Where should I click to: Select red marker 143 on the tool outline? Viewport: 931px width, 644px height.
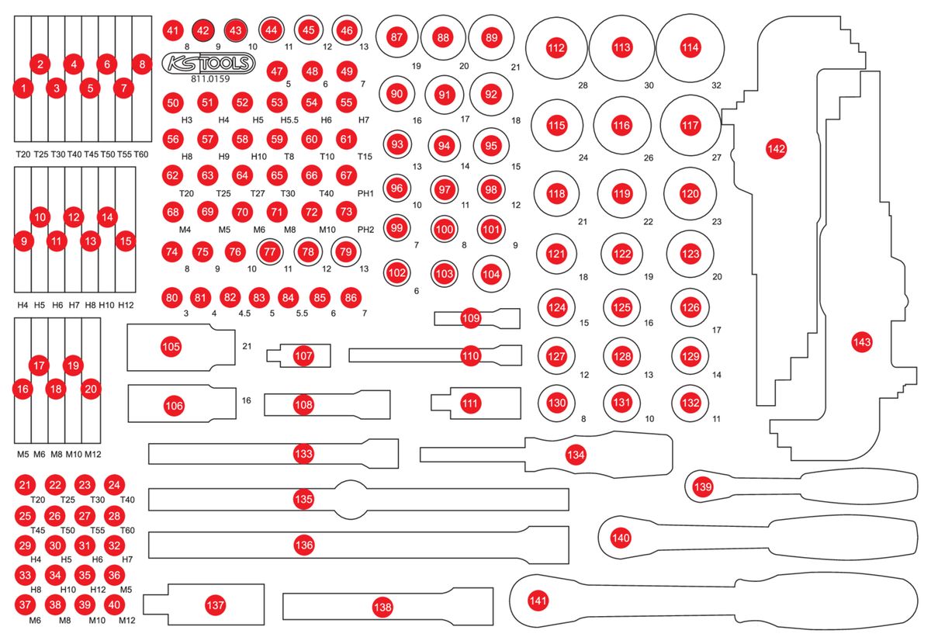[861, 341]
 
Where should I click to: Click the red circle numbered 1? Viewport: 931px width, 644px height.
[24, 88]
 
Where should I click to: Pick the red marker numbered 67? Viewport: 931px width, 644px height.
[346, 176]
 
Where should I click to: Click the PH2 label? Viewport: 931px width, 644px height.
[366, 230]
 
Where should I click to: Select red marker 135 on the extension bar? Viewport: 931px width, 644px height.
[303, 499]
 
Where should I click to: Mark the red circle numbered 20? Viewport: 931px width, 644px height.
[91, 389]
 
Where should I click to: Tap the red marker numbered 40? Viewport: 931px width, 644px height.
[114, 604]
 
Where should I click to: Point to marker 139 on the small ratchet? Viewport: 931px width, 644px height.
[702, 486]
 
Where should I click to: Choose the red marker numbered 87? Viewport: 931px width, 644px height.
[397, 36]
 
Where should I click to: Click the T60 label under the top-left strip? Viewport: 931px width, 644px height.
[140, 154]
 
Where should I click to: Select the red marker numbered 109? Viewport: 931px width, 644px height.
[471, 317]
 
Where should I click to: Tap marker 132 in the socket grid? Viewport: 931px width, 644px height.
[690, 403]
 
